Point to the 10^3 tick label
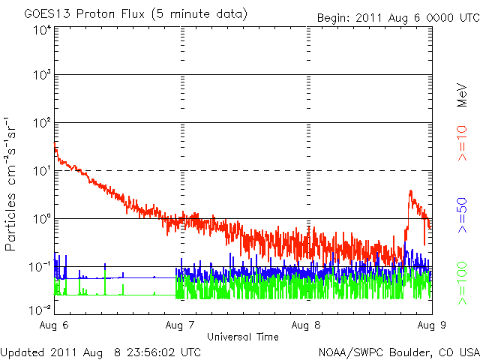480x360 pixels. [42, 76]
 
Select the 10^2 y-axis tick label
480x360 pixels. [42, 124]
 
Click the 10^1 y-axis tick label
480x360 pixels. [42, 172]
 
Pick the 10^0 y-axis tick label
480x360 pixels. [42, 219]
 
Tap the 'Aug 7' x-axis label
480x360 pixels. [181, 325]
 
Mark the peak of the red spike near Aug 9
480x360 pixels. [410, 191]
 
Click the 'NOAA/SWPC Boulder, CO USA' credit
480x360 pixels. [398, 351]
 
